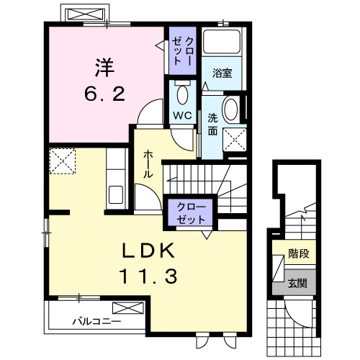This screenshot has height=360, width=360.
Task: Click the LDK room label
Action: pyautogui.click(x=148, y=251)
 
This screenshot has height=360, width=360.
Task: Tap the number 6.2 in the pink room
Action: pyautogui.click(x=104, y=94)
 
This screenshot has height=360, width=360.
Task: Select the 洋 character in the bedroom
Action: pyautogui.click(x=104, y=68)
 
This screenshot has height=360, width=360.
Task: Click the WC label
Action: pyautogui.click(x=182, y=116)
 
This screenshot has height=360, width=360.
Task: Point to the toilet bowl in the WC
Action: pyautogui.click(x=182, y=95)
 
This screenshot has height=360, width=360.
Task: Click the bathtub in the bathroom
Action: pyautogui.click(x=221, y=42)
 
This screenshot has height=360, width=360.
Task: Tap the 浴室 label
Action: pyautogui.click(x=222, y=73)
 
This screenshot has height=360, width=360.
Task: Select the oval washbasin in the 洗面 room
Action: pyautogui.click(x=230, y=109)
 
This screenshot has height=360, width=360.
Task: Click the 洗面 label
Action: pyautogui.click(x=212, y=125)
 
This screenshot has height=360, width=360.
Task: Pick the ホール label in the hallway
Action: pyautogui.click(x=148, y=164)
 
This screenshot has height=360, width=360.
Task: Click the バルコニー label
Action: pyautogui.click(x=96, y=321)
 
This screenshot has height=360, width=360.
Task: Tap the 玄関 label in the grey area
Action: pyautogui.click(x=297, y=284)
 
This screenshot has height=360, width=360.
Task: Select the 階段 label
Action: pyautogui.click(x=299, y=253)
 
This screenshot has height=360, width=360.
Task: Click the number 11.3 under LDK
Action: pyautogui.click(x=148, y=276)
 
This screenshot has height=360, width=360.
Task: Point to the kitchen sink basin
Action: pyautogui.click(x=116, y=194)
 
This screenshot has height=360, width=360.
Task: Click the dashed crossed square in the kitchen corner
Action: pyautogui.click(x=63, y=161)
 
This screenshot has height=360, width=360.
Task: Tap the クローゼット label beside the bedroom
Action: pyautogui.click(x=183, y=51)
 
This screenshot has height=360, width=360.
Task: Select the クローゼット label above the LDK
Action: pyautogui.click(x=191, y=213)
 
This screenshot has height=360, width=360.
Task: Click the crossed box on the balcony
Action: pyautogui.click(x=128, y=308)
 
